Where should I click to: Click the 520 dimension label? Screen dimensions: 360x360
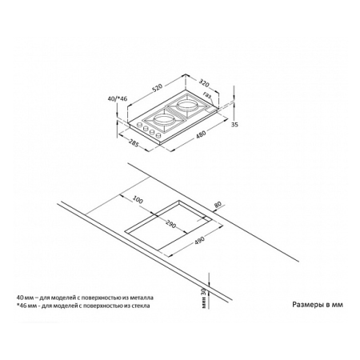(x=158, y=87)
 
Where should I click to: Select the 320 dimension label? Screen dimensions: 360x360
(x=203, y=83)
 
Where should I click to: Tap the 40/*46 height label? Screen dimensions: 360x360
(x=118, y=98)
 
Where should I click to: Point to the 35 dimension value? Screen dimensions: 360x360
(x=234, y=124)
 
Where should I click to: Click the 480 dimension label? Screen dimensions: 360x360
(x=201, y=134)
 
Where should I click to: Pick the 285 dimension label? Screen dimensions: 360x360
(x=134, y=143)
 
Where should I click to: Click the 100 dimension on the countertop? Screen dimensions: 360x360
(x=138, y=199)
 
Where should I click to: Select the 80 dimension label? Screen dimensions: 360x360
(x=218, y=205)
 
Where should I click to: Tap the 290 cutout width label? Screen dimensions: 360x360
(x=170, y=224)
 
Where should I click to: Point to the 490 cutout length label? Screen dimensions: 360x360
(x=198, y=241)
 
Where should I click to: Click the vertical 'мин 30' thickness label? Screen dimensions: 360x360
(x=205, y=298)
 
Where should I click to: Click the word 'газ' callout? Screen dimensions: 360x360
(x=207, y=94)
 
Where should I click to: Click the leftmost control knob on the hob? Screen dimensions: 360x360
(x=139, y=125)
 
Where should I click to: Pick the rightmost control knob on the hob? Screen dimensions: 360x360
(x=158, y=135)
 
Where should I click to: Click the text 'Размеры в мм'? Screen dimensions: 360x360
(x=318, y=305)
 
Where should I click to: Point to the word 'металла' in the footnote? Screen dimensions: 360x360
(x=144, y=298)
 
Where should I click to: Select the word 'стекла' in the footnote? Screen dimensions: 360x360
(x=142, y=306)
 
